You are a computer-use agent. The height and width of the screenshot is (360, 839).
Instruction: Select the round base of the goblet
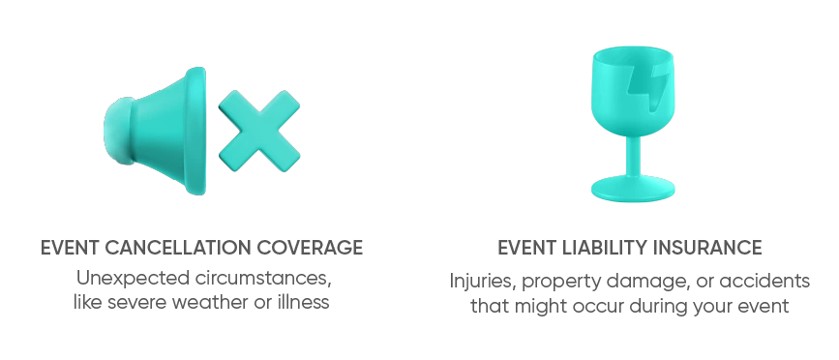pos(631,189)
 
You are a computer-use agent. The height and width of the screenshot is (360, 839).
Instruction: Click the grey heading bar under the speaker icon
pos(201,248)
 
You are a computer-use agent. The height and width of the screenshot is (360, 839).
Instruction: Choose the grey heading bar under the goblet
pos(631,248)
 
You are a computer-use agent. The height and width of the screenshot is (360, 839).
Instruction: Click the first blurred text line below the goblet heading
pos(631,281)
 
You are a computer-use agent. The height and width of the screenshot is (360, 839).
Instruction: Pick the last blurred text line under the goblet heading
pos(631,307)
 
